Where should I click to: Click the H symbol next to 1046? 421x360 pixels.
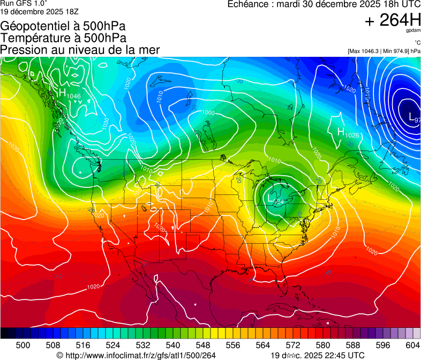pyautogui.click(x=62, y=92)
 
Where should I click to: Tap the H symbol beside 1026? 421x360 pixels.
pyautogui.click(x=341, y=131)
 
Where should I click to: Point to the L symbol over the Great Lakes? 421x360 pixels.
pyautogui.click(x=271, y=198)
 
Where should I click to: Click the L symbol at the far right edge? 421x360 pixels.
pyautogui.click(x=411, y=116)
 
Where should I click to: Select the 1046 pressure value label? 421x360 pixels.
pyautogui.click(x=74, y=96)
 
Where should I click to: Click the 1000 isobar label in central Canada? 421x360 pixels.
pyautogui.click(x=208, y=113)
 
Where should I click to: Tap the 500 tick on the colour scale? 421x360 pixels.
pyautogui.click(x=23, y=345)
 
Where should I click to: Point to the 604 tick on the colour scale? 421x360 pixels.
pyautogui.click(x=413, y=345)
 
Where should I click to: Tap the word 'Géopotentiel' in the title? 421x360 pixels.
pyautogui.click(x=33, y=26)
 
